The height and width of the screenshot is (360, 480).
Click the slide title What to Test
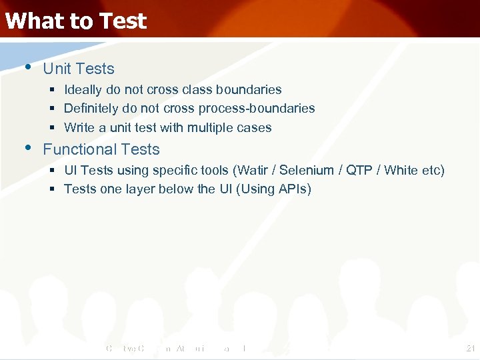pos(75,21)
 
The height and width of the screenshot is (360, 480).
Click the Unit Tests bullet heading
pos(79,69)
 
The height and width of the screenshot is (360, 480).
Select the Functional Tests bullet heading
pos(101,149)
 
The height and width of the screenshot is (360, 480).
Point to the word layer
pos(142,189)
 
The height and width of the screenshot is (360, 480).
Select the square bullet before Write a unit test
pos(52,128)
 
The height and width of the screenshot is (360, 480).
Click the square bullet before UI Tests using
pos(52,171)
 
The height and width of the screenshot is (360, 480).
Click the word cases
pos(254,127)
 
